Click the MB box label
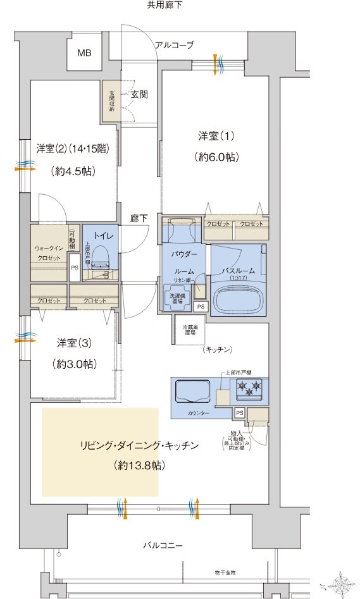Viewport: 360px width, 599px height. [x=84, y=53]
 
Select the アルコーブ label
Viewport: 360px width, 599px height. [x=175, y=45]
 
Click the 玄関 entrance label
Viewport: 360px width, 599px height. [x=139, y=94]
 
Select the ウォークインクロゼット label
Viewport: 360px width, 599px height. [x=48, y=253]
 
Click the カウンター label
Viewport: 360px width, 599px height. [x=198, y=412]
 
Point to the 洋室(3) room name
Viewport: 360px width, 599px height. [x=74, y=343]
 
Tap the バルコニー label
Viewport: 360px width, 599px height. [x=163, y=545]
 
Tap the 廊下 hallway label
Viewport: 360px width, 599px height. [x=139, y=218]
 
